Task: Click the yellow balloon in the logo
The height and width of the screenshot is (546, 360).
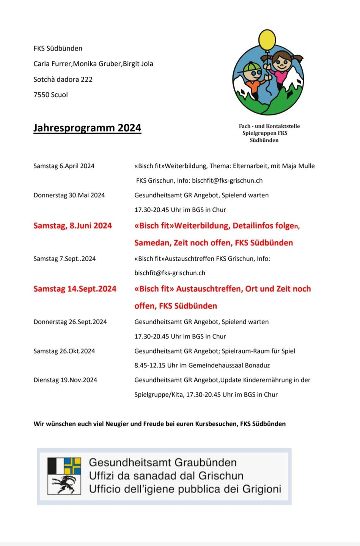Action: point(267,39)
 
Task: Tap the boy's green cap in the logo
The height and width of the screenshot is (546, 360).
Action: point(250,68)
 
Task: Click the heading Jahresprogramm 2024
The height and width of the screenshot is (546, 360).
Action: point(87,128)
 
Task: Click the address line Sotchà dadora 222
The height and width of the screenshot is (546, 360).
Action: point(63,79)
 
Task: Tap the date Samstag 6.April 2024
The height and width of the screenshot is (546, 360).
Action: point(64,166)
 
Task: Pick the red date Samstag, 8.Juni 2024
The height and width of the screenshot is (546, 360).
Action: point(72,226)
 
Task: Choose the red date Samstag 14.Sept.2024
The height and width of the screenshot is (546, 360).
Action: point(75,289)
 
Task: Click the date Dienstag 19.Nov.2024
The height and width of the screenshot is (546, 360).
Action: point(65,380)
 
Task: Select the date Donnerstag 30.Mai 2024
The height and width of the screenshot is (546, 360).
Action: point(69,195)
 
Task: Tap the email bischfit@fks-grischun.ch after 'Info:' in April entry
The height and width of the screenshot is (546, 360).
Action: point(227,181)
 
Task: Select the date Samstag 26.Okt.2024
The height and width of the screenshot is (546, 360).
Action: point(64,351)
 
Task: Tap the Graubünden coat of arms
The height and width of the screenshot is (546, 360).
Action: point(64,476)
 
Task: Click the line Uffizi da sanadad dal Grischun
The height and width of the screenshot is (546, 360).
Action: point(166,476)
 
